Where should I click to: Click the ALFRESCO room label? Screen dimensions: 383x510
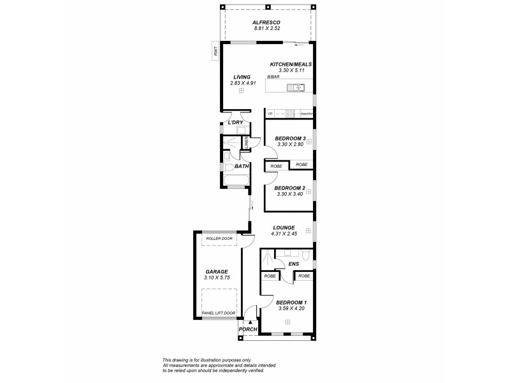pyautogui.click(x=267, y=22)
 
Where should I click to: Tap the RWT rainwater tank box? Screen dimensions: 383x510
pyautogui.click(x=216, y=50)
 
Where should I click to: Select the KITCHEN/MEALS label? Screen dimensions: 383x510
pyautogui.click(x=291, y=64)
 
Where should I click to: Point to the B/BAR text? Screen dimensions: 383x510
pyautogui.click(x=273, y=77)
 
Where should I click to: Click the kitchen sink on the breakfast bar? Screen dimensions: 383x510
pyautogui.click(x=302, y=87)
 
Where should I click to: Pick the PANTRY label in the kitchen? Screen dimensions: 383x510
pyautogui.click(x=306, y=114)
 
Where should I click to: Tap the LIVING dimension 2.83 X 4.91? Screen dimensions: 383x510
pyautogui.click(x=242, y=83)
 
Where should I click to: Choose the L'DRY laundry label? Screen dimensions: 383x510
pyautogui.click(x=235, y=123)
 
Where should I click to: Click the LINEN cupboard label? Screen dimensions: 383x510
pyautogui.click(x=246, y=144)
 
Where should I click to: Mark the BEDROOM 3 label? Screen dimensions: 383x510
pyautogui.click(x=290, y=139)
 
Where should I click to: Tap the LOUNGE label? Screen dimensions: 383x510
pyautogui.click(x=283, y=227)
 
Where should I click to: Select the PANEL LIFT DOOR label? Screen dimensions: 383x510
pyautogui.click(x=219, y=313)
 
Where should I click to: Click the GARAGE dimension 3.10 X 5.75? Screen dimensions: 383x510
pyautogui.click(x=217, y=278)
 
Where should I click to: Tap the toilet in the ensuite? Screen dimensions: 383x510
pyautogui.click(x=307, y=257)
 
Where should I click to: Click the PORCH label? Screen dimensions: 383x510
pyautogui.click(x=248, y=329)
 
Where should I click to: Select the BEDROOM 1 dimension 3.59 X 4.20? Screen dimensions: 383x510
pyautogui.click(x=291, y=308)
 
